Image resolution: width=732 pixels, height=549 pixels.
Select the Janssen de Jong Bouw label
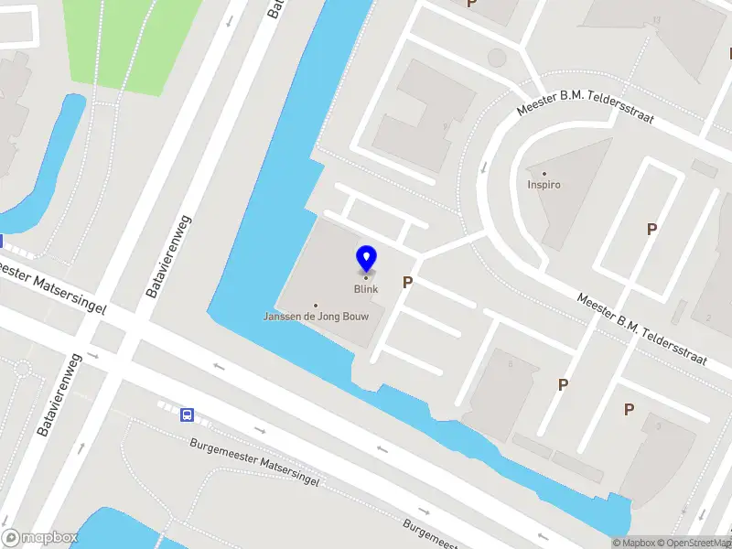317,317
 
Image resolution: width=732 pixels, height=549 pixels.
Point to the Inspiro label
544,184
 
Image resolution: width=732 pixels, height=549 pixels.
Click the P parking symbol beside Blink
407,284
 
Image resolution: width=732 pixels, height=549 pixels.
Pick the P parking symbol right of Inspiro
651,230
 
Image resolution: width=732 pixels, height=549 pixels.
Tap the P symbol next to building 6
563,385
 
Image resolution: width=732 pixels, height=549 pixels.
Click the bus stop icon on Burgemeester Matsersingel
188,414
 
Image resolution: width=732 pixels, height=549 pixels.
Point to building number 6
510,363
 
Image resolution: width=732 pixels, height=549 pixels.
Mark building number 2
708,318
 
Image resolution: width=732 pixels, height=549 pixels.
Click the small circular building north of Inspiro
496,59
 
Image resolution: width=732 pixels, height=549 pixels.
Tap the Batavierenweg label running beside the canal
167,256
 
